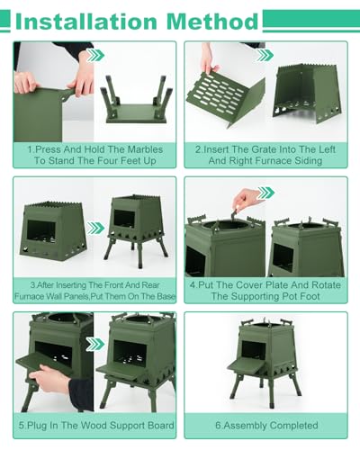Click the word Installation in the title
[x=85, y=22]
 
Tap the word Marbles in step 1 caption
[x=145, y=149]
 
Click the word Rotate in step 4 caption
[x=326, y=284]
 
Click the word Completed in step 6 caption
[x=293, y=425]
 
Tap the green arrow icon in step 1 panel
[x=95, y=55]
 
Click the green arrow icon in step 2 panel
[x=265, y=55]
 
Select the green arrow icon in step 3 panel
[x=95, y=228]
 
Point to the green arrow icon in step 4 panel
[x=265, y=193]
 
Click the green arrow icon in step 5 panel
[x=95, y=344]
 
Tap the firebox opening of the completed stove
[x=254, y=349]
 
